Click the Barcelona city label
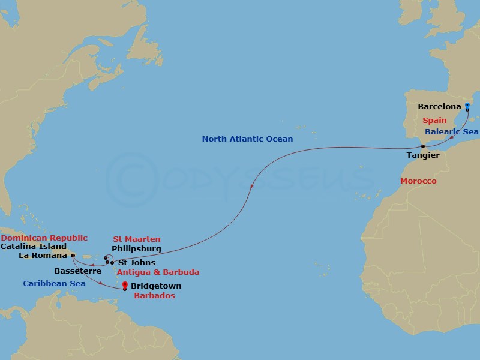click(x=440, y=107)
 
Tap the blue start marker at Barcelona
click(x=467, y=106)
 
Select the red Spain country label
click(x=434, y=121)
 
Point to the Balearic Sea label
click(x=452, y=131)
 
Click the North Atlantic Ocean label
click(x=247, y=139)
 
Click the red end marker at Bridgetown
click(x=125, y=285)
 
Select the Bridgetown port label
click(x=155, y=286)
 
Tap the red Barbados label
click(x=155, y=296)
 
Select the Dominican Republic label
click(x=44, y=238)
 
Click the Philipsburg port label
click(x=137, y=248)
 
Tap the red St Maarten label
click(x=136, y=239)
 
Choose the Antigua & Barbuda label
click(x=158, y=272)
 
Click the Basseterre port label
click(x=75, y=271)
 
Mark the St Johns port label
click(x=136, y=263)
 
